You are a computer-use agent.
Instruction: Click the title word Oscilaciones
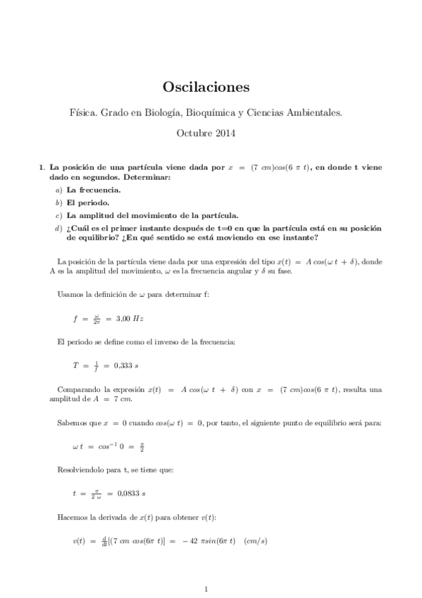pos(206,87)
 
